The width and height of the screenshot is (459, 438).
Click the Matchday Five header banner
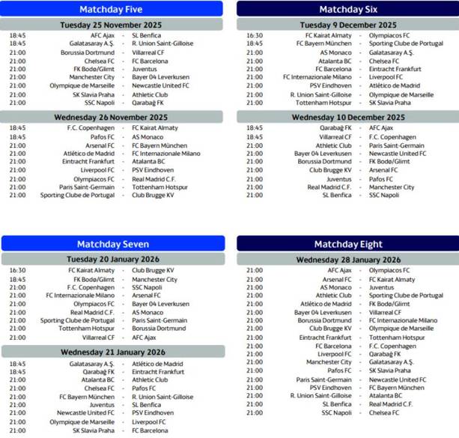click(x=112, y=9)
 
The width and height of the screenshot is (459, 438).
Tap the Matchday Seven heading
click(x=112, y=244)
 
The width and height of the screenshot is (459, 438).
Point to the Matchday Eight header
click(x=349, y=244)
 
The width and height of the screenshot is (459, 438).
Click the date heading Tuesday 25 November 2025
click(x=112, y=25)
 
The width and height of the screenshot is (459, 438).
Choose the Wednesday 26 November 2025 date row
click(x=112, y=117)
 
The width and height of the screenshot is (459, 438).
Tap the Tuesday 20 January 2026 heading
click(x=112, y=259)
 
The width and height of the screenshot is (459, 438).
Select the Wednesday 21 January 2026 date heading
click(x=112, y=351)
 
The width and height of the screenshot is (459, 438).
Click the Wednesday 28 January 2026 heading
click(x=349, y=259)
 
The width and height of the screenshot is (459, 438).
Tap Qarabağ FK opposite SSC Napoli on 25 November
click(x=148, y=103)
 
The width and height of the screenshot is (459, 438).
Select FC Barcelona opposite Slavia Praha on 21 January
click(x=151, y=431)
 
